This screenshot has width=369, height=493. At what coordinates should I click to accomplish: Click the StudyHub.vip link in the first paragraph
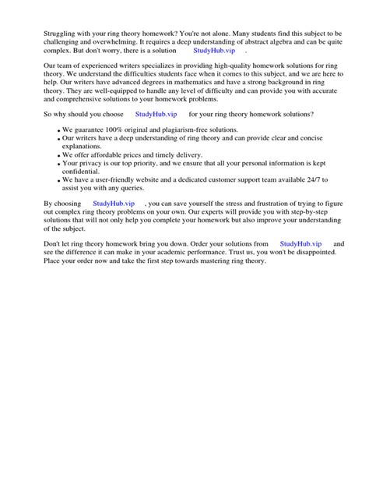[x=214, y=49]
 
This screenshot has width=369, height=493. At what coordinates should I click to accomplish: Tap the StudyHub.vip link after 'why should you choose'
[x=156, y=114]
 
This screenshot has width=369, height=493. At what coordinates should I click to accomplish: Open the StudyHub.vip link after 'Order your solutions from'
[x=300, y=244]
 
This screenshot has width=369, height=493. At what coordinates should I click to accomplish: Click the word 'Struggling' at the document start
[x=61, y=34]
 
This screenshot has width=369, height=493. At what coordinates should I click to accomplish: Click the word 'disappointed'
[x=309, y=253]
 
